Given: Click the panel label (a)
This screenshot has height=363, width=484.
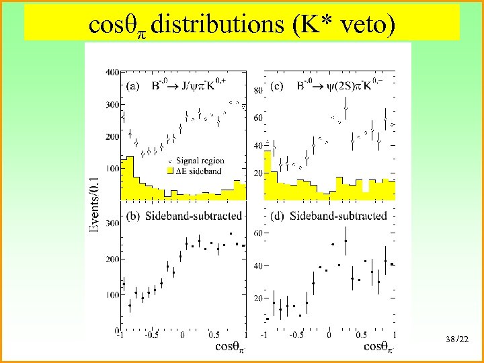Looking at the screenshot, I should point(134,85).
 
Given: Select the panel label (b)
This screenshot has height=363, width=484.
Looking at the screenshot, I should point(134,216).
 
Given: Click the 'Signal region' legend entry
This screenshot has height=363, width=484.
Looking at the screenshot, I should point(200,161).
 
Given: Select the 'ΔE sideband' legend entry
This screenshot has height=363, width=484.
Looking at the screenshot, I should point(200,172).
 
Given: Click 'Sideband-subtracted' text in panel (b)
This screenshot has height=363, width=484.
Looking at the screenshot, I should point(196,216).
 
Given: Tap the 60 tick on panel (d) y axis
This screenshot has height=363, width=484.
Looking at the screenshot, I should point(257,233).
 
